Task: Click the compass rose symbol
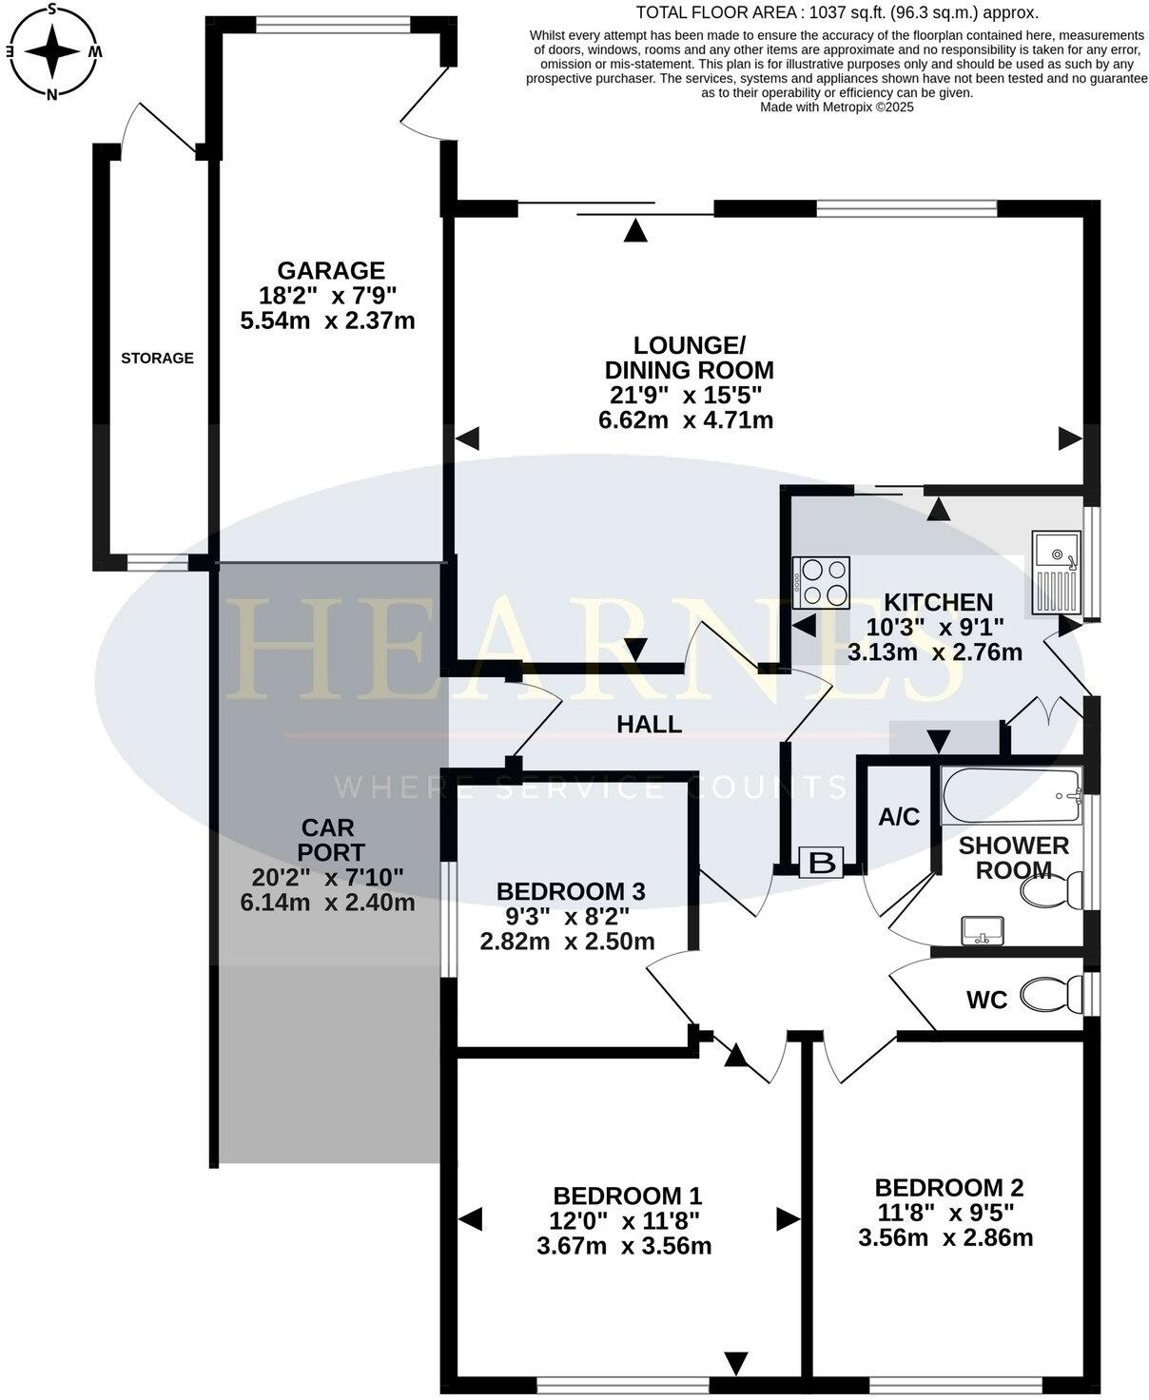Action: (x=53, y=50)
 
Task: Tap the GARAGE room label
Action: (x=330, y=271)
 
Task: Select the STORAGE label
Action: (x=157, y=359)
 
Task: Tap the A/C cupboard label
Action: (x=899, y=817)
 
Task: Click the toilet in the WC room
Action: (x=1050, y=996)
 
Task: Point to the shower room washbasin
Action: (x=983, y=930)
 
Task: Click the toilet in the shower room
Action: (x=1050, y=890)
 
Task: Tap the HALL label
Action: (x=649, y=725)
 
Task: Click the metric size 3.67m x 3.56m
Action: (x=624, y=1246)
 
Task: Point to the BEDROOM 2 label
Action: (x=948, y=1187)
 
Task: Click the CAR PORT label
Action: (x=327, y=840)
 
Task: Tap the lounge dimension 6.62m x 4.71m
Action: (x=685, y=419)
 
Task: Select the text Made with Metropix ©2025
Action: (x=836, y=107)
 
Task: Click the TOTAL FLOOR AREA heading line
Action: (x=836, y=12)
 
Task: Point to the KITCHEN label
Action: (x=938, y=602)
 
